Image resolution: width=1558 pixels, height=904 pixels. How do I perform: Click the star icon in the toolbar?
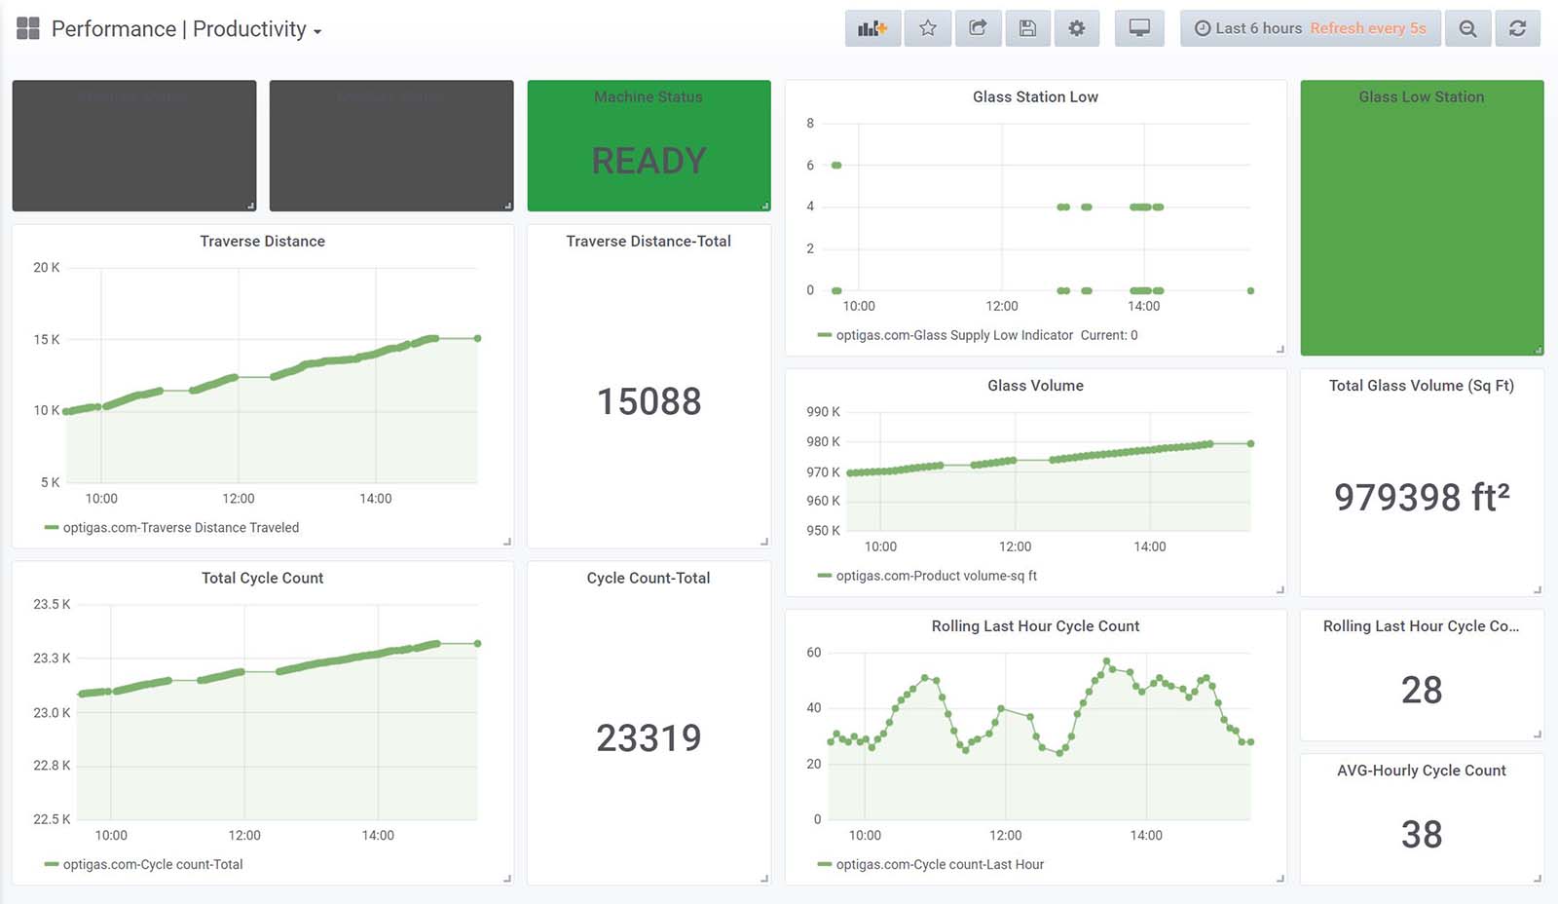(928, 28)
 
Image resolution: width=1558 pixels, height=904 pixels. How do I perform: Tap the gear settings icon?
(1076, 28)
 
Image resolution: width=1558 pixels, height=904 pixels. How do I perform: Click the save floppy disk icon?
(1027, 28)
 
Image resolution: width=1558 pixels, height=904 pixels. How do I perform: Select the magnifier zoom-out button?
(1467, 28)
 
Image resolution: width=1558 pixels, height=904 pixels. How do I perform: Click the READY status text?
(649, 161)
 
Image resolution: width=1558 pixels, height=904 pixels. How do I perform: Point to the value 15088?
(649, 401)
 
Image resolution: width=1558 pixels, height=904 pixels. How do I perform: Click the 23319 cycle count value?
(649, 738)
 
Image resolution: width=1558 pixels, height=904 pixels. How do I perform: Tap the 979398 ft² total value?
(1421, 497)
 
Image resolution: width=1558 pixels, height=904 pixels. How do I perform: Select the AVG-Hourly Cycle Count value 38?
(1421, 834)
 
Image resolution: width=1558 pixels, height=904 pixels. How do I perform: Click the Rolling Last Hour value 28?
(1421, 690)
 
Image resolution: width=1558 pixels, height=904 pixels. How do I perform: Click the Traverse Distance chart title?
(262, 242)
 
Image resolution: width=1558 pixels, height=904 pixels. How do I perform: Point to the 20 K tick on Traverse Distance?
(47, 268)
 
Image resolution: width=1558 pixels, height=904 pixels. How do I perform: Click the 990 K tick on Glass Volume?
(823, 412)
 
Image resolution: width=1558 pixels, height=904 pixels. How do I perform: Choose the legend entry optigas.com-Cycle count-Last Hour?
(939, 865)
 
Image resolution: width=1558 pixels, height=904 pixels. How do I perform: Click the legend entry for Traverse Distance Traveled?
(180, 528)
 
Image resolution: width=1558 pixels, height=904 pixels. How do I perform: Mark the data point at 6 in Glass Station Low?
(836, 166)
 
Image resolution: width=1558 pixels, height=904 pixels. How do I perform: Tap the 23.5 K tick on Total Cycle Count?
(52, 605)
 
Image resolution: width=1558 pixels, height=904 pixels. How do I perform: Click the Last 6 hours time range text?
(1257, 28)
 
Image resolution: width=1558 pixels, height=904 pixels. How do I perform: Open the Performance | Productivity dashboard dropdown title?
(186, 29)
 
